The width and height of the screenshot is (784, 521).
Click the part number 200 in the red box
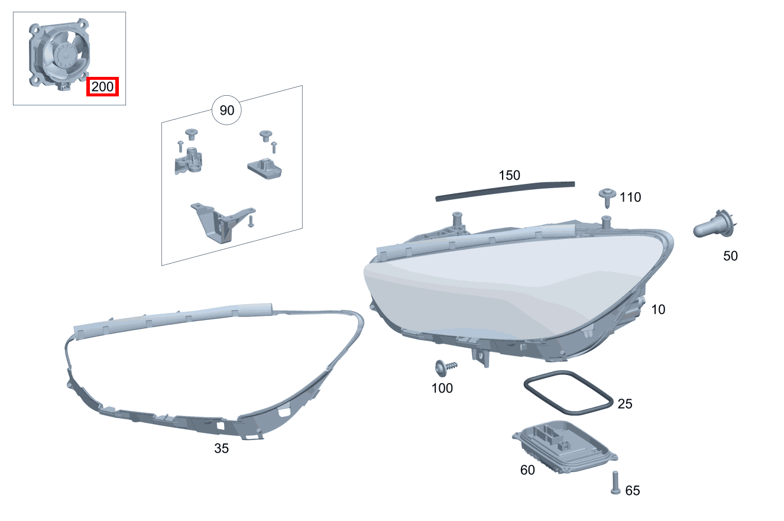[102, 86]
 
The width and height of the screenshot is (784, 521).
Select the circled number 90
[227, 111]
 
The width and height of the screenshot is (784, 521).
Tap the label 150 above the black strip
[509, 175]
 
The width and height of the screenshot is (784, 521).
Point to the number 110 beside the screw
[630, 197]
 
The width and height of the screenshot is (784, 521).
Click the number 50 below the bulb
[730, 256]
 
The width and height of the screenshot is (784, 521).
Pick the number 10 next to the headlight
[658, 309]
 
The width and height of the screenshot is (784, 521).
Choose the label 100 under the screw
[442, 389]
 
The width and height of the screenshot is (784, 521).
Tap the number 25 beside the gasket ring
[625, 404]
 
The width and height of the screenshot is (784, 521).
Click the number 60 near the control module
[527, 470]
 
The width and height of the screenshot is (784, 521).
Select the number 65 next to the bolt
[633, 490]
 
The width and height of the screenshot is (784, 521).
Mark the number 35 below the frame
[222, 448]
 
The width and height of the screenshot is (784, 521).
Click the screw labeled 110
[607, 198]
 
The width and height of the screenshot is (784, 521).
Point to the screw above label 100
[445, 368]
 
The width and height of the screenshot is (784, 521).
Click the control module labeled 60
[565, 447]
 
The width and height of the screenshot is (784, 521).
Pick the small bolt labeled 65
[615, 483]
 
